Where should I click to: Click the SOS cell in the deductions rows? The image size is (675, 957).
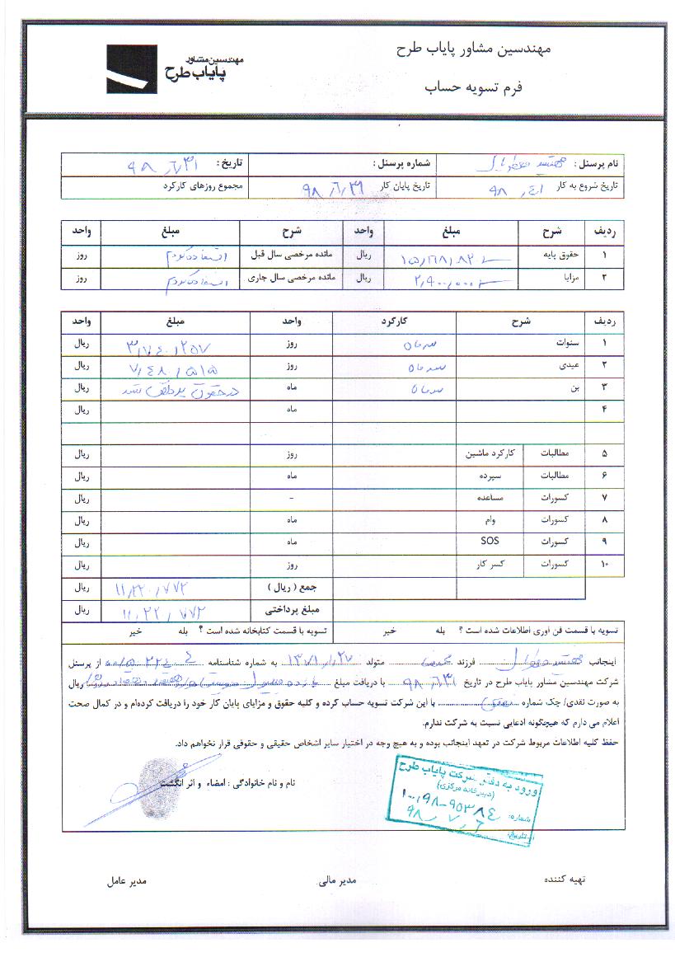coord(489,542)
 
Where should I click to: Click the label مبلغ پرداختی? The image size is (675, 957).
coord(285,611)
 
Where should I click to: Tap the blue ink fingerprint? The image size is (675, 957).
coord(152,776)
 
